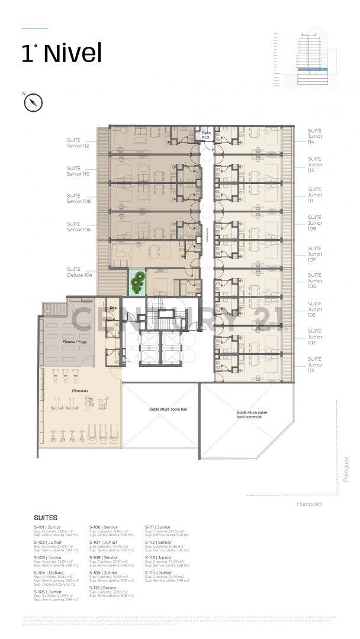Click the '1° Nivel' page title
pyautogui.click(x=62, y=53)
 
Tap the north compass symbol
pyautogui.click(x=33, y=102)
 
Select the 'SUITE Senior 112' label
pyautogui.click(x=78, y=143)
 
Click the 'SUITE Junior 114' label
pyautogui.click(x=315, y=137)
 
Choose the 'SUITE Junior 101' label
pyautogui.click(x=315, y=364)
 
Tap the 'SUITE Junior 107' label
pyautogui.click(x=315, y=254)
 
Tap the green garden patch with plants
pyautogui.click(x=137, y=283)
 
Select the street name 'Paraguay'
pyautogui.click(x=346, y=468)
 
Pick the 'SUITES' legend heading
pyautogui.click(x=46, y=517)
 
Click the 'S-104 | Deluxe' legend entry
pyautogui.click(x=49, y=573)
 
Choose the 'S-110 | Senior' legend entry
pyautogui.click(x=103, y=588)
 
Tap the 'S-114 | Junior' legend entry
pyautogui.click(x=158, y=572)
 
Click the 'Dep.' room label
pyautogui.click(x=114, y=308)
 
